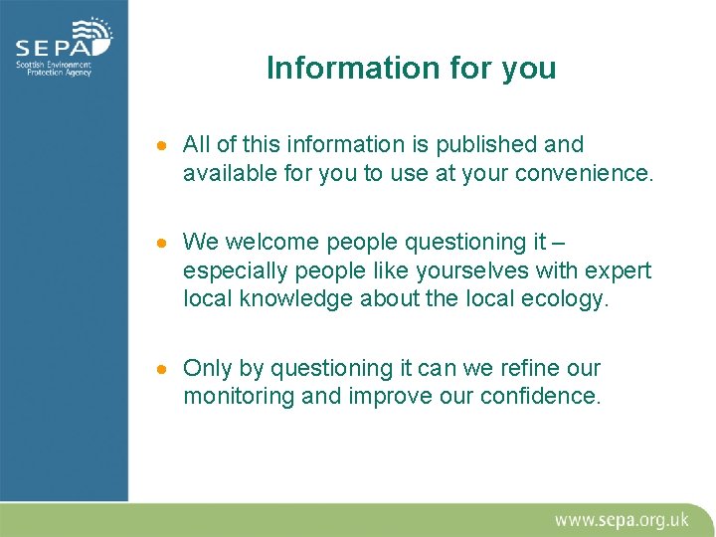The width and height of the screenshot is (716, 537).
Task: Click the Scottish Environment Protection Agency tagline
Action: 53,70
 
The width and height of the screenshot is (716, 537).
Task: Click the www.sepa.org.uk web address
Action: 622,519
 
